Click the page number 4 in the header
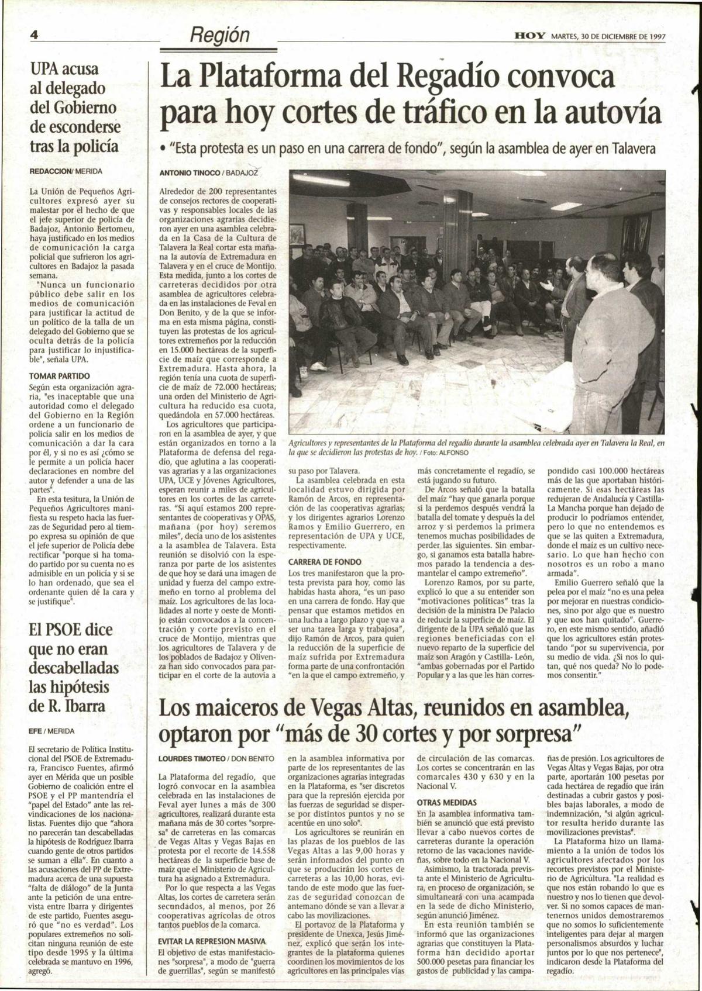(x=34, y=36)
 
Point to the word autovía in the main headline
(x=618, y=113)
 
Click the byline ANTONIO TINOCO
(x=190, y=173)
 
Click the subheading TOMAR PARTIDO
(x=59, y=376)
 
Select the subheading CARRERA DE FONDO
(x=325, y=561)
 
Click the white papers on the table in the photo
(x=544, y=398)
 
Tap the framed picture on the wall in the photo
(x=297, y=234)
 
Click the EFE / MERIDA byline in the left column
(x=51, y=730)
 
